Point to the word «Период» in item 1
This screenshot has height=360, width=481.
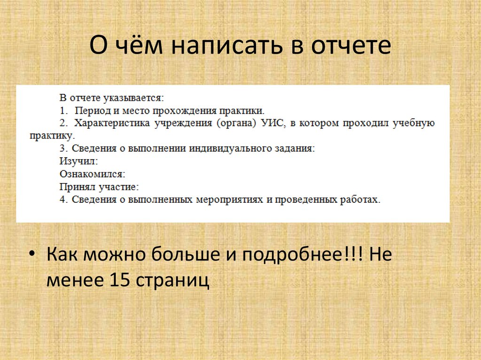click(x=92, y=111)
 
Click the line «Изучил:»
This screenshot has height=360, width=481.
click(x=78, y=161)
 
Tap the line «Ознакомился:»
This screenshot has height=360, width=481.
click(x=92, y=174)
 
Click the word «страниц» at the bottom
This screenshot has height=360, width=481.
click(x=172, y=281)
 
